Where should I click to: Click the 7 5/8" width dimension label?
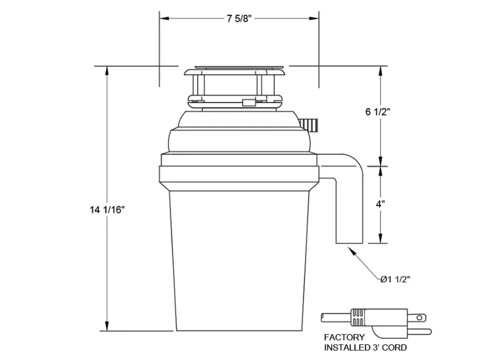239,19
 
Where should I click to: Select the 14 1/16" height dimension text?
108,210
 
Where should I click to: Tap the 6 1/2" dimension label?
378,112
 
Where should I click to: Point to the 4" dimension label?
381,204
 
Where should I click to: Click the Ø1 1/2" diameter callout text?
395,279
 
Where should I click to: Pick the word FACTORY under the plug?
345,338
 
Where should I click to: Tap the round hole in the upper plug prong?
420,318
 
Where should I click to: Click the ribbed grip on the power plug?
358,317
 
